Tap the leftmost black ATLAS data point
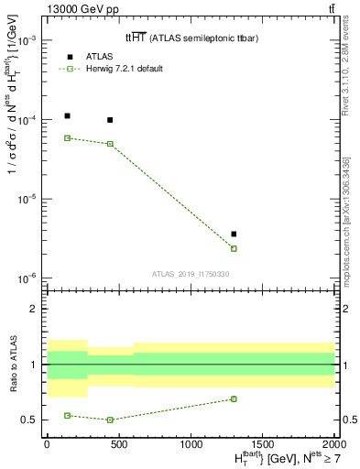68,116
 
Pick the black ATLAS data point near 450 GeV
110,120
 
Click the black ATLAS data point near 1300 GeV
234,234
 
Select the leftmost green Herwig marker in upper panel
68,138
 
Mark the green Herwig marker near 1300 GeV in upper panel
234,248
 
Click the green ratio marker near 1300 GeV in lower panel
234,398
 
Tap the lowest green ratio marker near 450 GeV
110,420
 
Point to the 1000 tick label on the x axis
191,442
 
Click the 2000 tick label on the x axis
333,442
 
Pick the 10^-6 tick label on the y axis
27,278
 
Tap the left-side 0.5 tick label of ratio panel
31,420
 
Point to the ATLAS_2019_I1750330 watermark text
190,274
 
